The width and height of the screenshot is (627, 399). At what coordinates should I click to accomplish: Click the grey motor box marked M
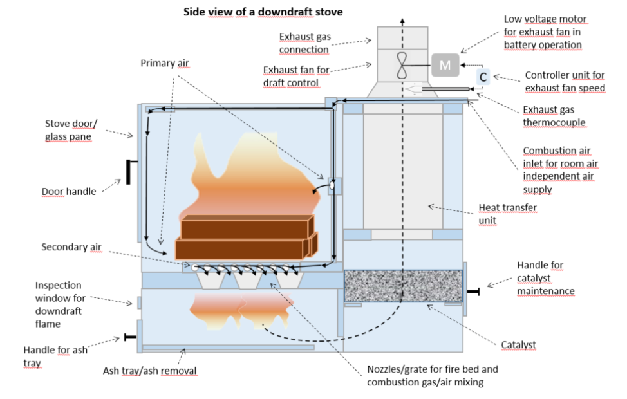(x=445, y=65)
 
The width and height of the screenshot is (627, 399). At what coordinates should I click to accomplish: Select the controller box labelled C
(x=483, y=77)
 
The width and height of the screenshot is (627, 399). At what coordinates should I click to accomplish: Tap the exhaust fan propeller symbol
(x=402, y=65)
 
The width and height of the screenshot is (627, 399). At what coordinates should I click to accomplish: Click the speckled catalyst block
(x=403, y=286)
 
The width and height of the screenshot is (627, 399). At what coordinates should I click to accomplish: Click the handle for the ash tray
(x=131, y=337)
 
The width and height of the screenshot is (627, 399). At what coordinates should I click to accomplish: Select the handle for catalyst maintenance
(x=473, y=292)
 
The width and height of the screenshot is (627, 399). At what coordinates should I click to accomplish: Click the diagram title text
(x=263, y=12)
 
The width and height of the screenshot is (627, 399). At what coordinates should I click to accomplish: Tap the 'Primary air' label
(x=164, y=63)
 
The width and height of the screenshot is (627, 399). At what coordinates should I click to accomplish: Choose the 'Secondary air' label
(x=71, y=246)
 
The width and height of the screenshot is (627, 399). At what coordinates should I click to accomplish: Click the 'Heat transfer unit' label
(x=507, y=214)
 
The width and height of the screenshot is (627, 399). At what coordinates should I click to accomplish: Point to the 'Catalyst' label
(x=518, y=345)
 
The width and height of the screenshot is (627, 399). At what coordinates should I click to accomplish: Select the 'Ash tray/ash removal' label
(x=149, y=371)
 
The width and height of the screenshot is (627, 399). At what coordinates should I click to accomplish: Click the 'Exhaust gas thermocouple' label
(x=554, y=116)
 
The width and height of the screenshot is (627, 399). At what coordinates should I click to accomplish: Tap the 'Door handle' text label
(x=69, y=192)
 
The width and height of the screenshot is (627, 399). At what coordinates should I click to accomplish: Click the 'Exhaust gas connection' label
(x=304, y=42)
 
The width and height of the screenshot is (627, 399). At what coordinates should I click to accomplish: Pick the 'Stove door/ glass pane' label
(x=71, y=130)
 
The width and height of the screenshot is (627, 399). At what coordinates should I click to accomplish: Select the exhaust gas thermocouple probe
(x=438, y=89)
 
